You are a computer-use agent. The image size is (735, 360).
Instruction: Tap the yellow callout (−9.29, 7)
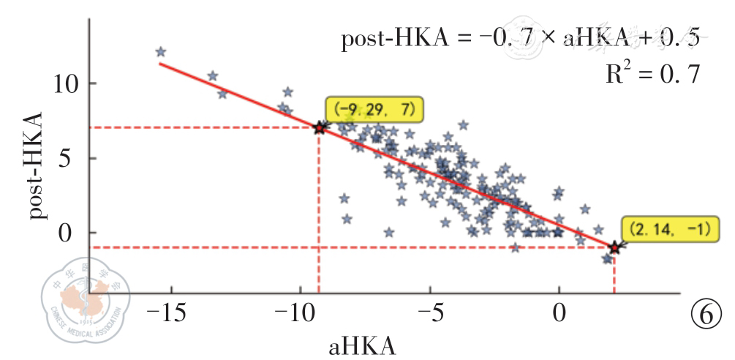pyautogui.click(x=375, y=110)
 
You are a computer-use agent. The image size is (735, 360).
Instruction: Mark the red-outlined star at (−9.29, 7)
pyautogui.click(x=319, y=128)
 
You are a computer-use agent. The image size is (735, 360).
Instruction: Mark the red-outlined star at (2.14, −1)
pyautogui.click(x=614, y=247)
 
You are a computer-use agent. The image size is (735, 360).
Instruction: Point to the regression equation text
pyautogui.click(x=519, y=39)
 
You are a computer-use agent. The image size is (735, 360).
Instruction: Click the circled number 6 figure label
pyautogui.click(x=706, y=315)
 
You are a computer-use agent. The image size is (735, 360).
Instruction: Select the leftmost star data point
pyautogui.click(x=161, y=52)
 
